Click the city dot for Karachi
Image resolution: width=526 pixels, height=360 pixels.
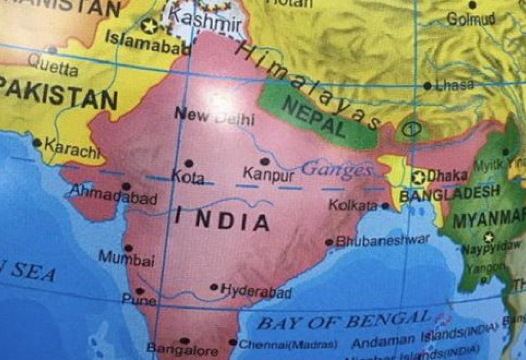37,143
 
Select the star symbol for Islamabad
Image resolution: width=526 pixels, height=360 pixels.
149,26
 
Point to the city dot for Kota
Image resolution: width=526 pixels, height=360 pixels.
189,163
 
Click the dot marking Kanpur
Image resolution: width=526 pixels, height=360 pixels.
265,161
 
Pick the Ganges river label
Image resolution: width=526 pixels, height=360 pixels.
336,170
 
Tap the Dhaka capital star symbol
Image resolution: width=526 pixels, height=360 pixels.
419,177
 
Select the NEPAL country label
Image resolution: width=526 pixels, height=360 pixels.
315,118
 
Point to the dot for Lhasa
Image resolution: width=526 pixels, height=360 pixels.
427,85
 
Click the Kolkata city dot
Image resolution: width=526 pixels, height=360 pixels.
385,206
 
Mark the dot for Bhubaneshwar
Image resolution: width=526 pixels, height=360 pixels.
329,243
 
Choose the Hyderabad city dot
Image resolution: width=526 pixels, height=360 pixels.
214,287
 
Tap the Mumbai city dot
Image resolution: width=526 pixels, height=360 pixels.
129,247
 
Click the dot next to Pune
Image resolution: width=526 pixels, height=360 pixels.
140,291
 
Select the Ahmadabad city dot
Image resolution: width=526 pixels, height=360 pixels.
126,186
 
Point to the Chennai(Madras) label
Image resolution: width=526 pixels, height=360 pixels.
288,345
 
